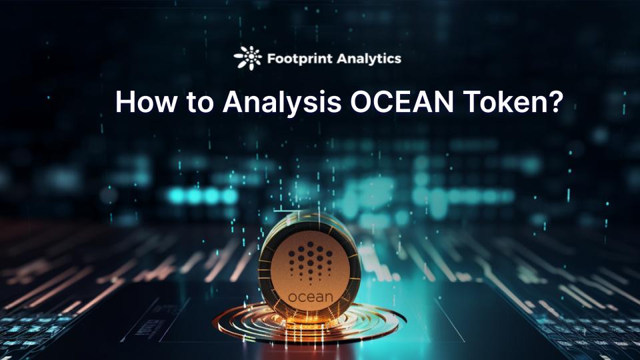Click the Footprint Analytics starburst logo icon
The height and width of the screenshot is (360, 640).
pyautogui.click(x=248, y=58)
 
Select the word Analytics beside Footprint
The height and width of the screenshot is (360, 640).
pyautogui.click(x=369, y=59)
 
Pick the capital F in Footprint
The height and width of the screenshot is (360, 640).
pyautogui.click(x=271, y=59)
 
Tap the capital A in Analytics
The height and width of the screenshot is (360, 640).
pyautogui.click(x=341, y=59)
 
